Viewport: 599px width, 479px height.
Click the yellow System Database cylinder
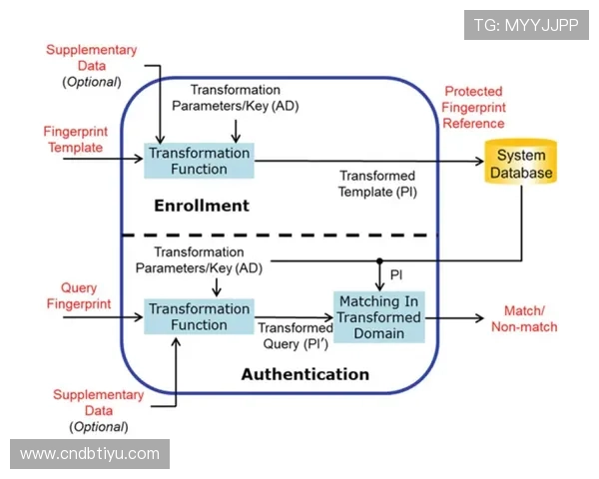(520, 166)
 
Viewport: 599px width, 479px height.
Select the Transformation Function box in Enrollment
(200, 161)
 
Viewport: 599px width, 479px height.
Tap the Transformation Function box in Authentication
(200, 317)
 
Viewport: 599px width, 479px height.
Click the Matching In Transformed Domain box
(377, 317)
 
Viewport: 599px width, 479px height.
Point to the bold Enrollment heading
(201, 207)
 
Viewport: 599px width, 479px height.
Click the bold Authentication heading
(304, 375)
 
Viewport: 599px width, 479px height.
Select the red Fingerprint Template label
(73, 140)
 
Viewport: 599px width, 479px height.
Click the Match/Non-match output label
(524, 318)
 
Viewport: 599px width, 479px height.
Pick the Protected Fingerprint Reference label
(474, 108)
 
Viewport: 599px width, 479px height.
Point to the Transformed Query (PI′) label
(296, 335)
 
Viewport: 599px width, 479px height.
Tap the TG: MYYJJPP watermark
(526, 24)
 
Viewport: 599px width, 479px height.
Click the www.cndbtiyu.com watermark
(90, 454)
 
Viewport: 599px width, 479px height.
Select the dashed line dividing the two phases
(280, 236)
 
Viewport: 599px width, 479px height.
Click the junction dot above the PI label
(379, 261)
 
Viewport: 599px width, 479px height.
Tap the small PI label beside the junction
(396, 273)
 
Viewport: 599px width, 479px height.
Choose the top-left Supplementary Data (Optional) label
(92, 66)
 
